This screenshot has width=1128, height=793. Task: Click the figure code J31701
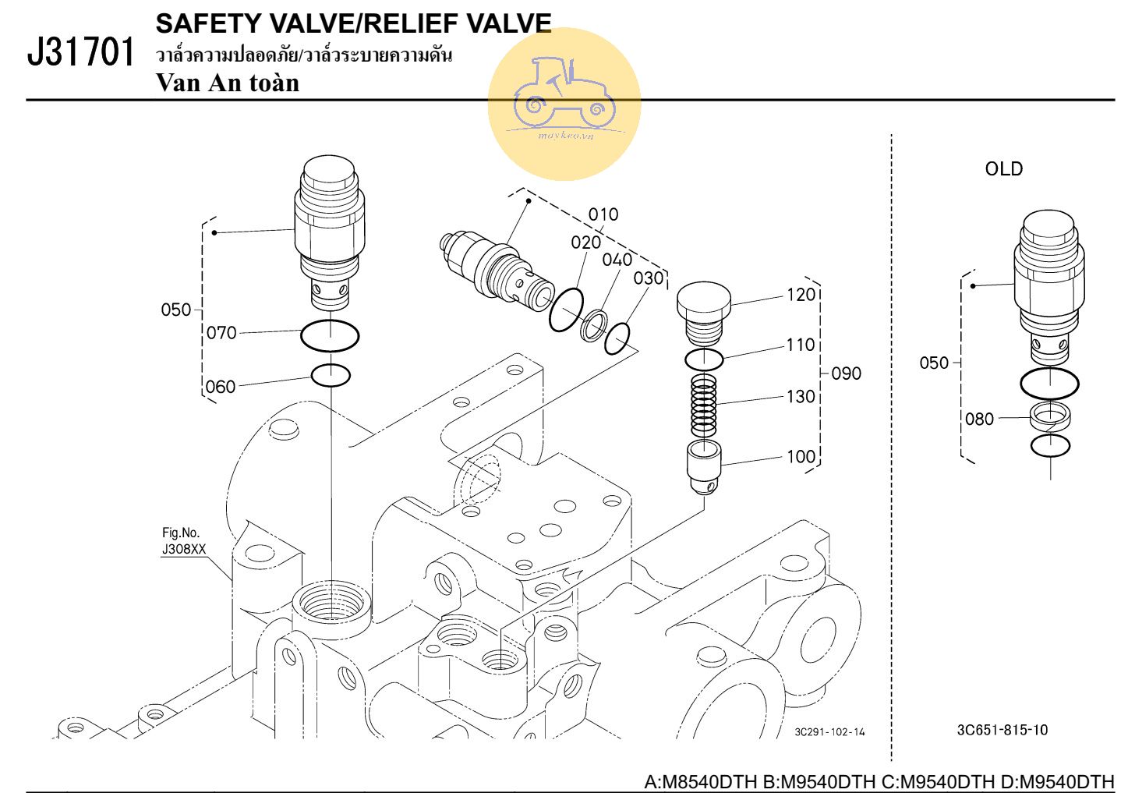(81, 53)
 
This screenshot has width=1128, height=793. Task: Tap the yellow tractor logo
(564, 103)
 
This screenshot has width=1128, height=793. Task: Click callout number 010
(603, 214)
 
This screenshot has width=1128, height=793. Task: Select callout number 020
(585, 243)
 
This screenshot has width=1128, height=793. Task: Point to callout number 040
(617, 260)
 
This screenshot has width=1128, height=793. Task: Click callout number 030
(648, 278)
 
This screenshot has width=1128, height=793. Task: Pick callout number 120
(801, 295)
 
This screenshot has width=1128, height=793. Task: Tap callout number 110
(801, 345)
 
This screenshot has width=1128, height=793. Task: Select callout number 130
(801, 396)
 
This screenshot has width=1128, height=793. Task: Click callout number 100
(801, 456)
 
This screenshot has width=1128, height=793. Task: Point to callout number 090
(846, 373)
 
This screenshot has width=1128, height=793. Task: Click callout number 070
(221, 333)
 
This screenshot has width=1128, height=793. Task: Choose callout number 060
(221, 387)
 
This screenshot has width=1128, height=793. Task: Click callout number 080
(979, 420)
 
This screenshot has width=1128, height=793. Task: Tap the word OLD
(1003, 169)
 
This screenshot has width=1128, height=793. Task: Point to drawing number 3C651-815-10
(1002, 731)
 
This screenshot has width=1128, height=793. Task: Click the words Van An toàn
(228, 83)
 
